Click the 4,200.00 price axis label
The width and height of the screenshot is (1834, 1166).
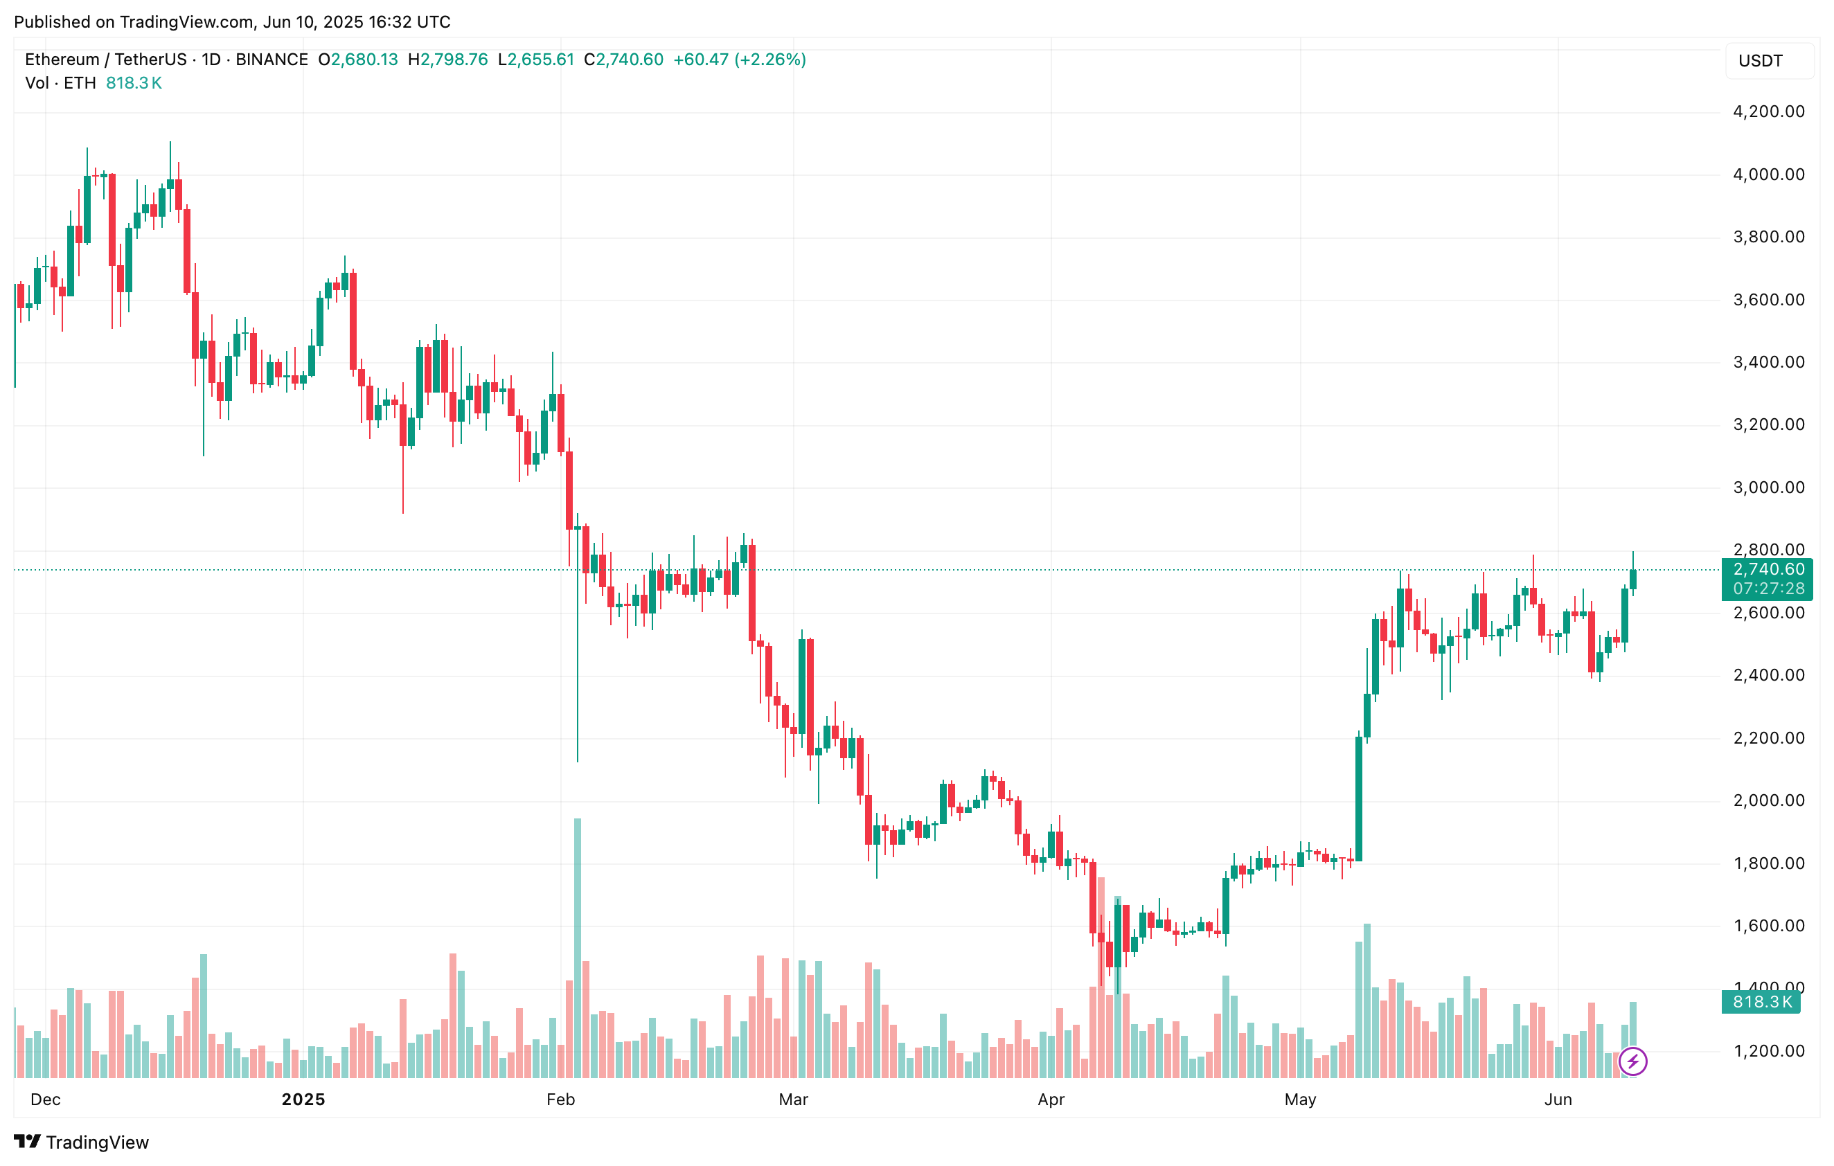point(1768,112)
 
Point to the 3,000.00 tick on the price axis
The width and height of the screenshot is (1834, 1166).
point(1768,487)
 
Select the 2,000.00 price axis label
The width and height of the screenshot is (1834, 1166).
point(1768,800)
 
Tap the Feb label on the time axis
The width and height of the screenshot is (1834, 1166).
point(560,1099)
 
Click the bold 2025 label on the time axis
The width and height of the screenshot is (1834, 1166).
point(303,1099)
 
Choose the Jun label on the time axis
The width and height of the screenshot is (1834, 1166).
point(1558,1099)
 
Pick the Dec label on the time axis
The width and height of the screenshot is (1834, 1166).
point(45,1099)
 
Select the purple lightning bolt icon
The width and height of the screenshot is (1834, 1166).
point(1633,1061)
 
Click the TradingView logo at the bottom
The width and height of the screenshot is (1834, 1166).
point(82,1142)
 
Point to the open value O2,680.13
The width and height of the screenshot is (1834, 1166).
point(358,60)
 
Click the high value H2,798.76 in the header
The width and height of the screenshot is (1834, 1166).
point(448,60)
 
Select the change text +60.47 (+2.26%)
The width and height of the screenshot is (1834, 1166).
point(739,60)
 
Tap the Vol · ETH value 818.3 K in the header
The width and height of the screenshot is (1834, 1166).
point(134,83)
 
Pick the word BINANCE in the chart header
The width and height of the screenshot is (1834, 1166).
point(272,60)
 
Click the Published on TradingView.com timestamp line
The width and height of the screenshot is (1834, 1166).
point(232,21)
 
